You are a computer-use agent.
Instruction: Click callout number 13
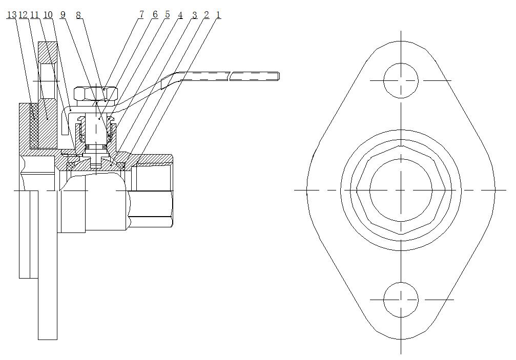[x=11, y=15]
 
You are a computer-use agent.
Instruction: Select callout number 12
[x=23, y=15]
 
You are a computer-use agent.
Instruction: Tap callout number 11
[x=34, y=15]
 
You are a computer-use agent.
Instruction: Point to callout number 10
[x=48, y=15]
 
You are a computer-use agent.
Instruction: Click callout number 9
[x=63, y=15]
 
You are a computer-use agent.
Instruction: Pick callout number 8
[x=78, y=15]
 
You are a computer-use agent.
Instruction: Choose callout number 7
[x=141, y=14]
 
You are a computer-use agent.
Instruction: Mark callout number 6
[x=155, y=14]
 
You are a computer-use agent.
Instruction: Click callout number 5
[x=168, y=14]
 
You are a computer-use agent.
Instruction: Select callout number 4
[x=180, y=15]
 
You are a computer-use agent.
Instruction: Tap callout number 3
[x=194, y=15]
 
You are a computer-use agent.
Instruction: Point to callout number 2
[x=207, y=15]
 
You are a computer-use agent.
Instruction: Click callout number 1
[x=218, y=15]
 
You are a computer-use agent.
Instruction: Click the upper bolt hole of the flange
[x=401, y=80]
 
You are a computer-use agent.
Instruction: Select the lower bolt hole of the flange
[x=401, y=300]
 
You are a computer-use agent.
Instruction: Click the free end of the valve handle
[x=279, y=76]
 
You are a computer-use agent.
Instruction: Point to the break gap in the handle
[x=230, y=76]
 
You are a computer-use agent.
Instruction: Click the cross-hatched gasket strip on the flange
[x=34, y=125]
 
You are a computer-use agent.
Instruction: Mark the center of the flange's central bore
[x=401, y=190]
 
